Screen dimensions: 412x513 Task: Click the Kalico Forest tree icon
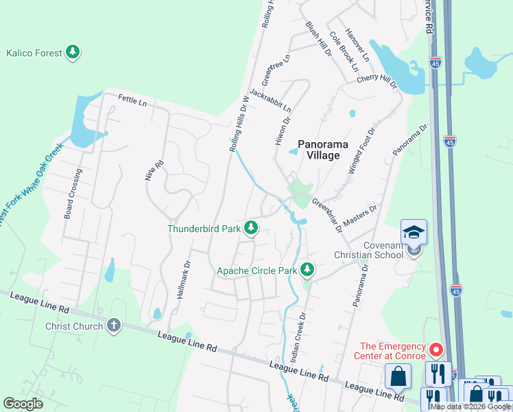coord(73,52)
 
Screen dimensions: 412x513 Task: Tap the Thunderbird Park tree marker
coord(251,227)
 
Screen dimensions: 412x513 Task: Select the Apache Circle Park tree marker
coord(308,270)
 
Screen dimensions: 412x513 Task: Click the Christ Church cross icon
coord(114,325)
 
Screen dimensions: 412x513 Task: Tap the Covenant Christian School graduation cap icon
coord(414,233)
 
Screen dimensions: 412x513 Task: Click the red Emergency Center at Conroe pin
coord(436,351)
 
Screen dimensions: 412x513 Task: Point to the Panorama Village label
coord(322,150)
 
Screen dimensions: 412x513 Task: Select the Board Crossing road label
coord(73,194)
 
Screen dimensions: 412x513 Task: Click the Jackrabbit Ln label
coord(270,100)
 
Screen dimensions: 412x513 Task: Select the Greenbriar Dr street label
coord(326,215)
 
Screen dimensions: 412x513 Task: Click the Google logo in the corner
coord(23,403)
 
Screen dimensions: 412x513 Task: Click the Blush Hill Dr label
coord(318,38)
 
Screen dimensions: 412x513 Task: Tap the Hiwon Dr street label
coord(283,129)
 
